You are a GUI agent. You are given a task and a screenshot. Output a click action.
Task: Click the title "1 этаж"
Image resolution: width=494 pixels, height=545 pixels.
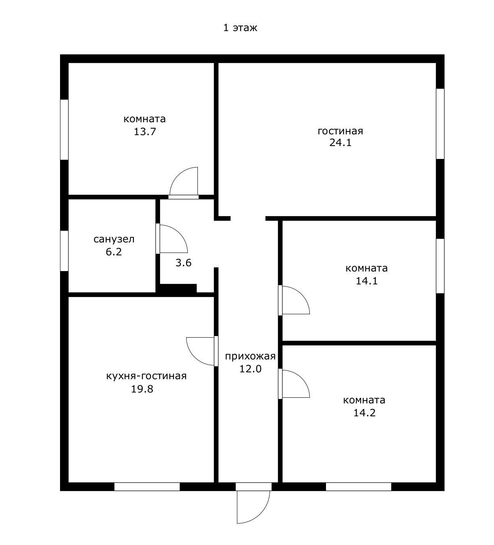(240, 28)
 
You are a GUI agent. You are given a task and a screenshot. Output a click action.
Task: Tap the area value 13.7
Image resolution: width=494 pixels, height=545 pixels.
(145, 132)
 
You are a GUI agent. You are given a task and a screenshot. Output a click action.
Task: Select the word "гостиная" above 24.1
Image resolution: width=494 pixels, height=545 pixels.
(340, 131)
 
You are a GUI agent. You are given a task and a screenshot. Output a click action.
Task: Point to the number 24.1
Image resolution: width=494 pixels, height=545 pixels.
(340, 143)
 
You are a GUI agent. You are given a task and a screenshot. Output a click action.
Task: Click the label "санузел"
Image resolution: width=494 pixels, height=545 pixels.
(114, 239)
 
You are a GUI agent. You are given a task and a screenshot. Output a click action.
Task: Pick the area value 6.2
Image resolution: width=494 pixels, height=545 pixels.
(114, 252)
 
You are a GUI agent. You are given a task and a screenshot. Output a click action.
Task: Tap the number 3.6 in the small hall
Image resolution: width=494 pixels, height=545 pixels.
(183, 263)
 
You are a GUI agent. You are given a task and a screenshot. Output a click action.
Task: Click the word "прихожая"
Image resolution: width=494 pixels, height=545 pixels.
(250, 356)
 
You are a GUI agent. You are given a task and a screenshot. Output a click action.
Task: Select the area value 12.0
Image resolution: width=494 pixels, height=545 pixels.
(250, 369)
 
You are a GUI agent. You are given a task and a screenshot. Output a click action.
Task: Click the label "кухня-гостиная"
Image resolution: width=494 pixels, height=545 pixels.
(146, 376)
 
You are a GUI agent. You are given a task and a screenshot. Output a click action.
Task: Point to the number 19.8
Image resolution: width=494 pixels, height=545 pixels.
(142, 389)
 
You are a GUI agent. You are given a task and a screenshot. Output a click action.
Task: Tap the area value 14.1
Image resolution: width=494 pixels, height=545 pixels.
(367, 281)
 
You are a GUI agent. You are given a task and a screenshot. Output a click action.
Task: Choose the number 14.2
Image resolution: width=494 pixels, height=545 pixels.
(364, 413)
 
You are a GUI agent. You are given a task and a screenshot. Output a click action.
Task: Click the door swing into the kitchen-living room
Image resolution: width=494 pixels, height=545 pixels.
(194, 357)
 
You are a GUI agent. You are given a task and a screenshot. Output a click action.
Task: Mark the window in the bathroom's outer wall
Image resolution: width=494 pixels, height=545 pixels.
(64, 251)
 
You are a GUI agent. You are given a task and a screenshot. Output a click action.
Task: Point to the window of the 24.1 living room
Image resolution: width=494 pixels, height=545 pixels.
(440, 123)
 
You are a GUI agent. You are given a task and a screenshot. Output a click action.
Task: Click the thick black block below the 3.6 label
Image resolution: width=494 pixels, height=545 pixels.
(178, 288)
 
